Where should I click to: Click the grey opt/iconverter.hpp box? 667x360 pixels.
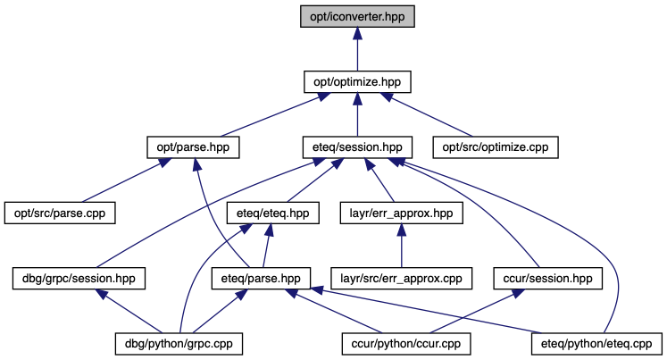pos(357,17)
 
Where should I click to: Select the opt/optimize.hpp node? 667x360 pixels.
pos(357,81)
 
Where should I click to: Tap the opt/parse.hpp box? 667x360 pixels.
pos(193,147)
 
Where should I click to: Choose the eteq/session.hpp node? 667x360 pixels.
pos(357,147)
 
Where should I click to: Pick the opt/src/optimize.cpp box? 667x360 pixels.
pos(496,147)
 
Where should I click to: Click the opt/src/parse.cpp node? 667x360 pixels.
pos(60,213)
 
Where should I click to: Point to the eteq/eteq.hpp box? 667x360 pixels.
pos(273,213)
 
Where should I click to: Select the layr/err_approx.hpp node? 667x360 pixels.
pos(402,213)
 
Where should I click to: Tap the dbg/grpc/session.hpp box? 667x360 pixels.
pos(79,279)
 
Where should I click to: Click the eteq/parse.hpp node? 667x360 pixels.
pos(261,279)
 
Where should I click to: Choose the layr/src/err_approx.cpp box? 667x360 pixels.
pos(402,279)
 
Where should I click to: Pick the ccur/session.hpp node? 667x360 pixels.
pos(548,279)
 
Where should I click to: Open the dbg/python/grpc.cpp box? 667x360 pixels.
pos(179,344)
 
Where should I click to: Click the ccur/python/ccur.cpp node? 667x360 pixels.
pos(406,344)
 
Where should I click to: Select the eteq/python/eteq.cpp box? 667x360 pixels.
pos(596,344)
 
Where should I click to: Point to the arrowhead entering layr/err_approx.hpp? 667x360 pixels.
pos(402,230)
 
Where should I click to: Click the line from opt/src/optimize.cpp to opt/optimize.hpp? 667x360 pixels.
pos(427,114)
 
